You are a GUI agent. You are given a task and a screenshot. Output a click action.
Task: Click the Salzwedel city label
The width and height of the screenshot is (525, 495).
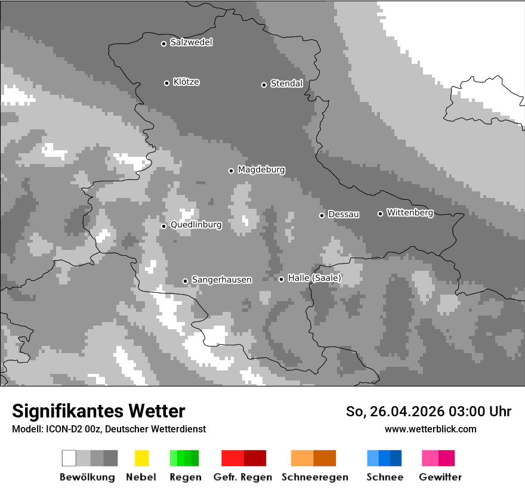(191, 42)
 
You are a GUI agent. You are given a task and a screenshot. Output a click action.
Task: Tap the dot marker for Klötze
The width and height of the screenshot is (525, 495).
(166, 83)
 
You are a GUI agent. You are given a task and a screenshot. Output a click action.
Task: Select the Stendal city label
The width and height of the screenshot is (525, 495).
(286, 83)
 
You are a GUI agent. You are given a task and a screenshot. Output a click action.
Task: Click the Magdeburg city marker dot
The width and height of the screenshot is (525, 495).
(231, 171)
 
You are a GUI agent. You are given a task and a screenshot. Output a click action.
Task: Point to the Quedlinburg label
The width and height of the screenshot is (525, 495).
(196, 225)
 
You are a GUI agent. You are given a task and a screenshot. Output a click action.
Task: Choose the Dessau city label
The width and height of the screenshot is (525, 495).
(344, 214)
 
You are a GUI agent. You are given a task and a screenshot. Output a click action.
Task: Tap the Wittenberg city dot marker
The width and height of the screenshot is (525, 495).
(380, 214)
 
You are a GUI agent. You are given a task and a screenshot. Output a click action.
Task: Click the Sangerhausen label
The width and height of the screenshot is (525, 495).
(221, 280)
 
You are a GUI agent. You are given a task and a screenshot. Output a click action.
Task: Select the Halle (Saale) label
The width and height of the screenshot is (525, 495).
(314, 278)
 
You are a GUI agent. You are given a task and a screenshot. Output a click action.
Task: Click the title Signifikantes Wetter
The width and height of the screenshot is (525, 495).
(98, 411)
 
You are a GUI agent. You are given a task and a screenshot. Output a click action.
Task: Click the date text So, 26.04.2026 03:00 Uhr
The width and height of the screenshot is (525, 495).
(428, 412)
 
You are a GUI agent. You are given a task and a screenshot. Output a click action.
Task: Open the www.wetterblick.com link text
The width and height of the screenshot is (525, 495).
(430, 429)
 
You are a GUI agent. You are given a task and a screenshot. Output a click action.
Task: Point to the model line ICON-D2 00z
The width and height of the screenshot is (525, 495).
(109, 429)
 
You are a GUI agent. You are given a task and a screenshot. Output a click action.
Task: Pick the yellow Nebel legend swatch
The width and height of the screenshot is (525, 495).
(141, 458)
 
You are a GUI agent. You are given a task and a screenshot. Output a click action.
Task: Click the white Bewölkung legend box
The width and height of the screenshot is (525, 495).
(69, 458)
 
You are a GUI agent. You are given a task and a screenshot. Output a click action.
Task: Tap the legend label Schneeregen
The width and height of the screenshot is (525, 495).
(314, 477)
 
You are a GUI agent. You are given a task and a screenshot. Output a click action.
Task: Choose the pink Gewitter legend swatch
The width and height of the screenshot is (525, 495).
(430, 458)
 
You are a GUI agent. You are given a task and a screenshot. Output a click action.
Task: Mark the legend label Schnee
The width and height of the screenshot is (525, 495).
(384, 477)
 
